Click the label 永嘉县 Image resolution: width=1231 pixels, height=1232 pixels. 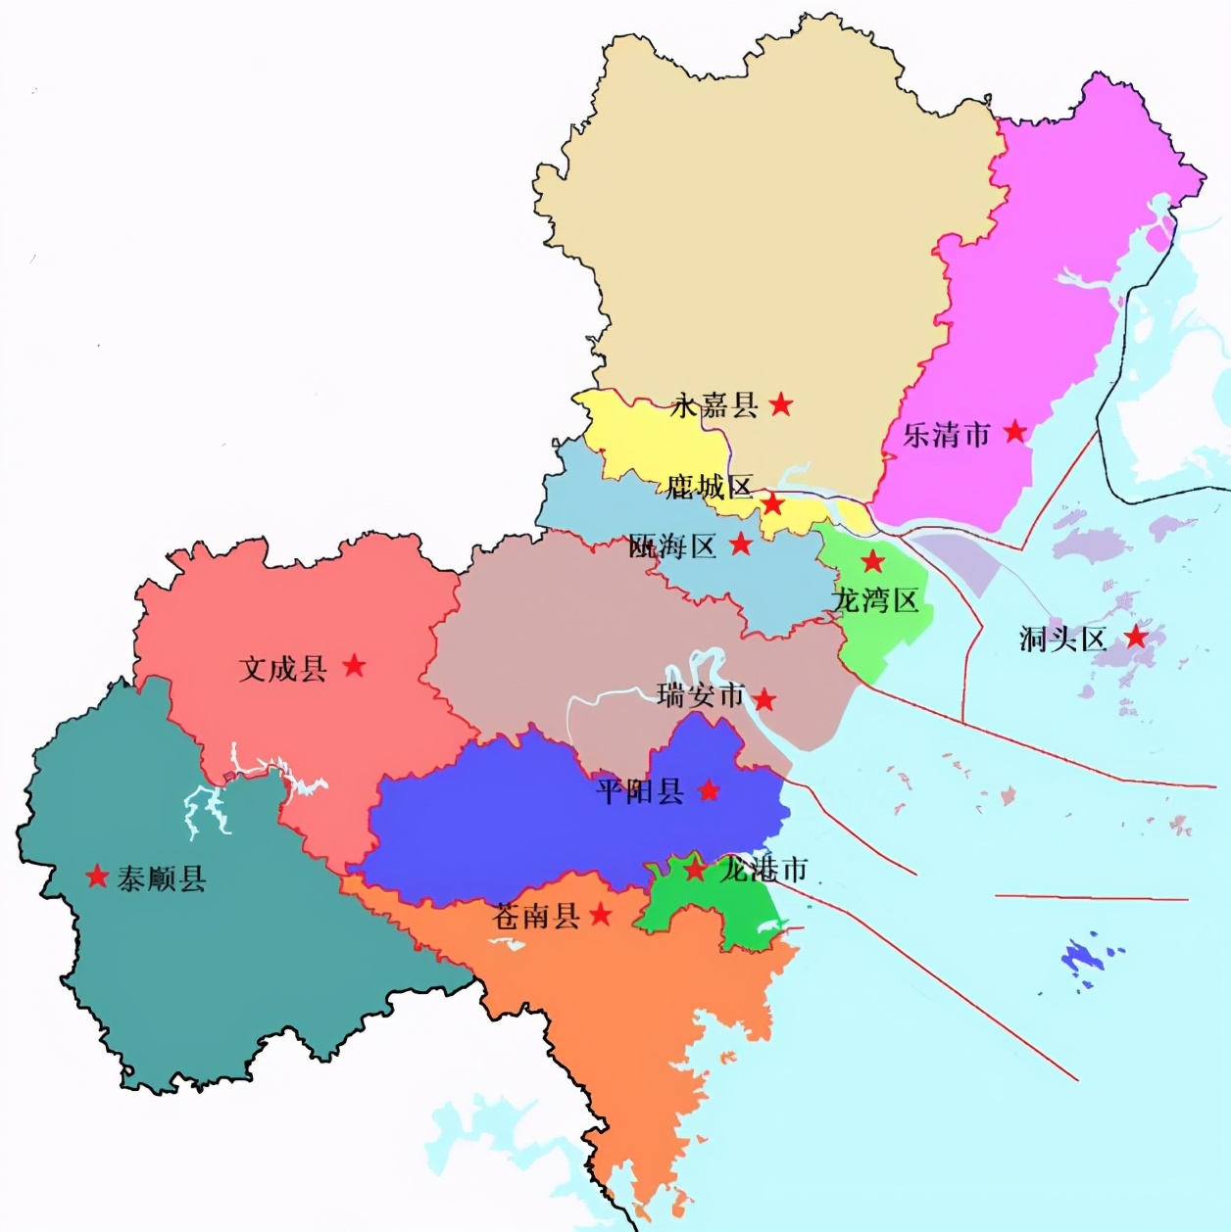[714, 404]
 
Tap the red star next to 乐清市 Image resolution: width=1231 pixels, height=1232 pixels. [1015, 431]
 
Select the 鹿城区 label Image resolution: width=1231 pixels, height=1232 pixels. [709, 487]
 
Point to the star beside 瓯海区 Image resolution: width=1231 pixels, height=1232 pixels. [741, 544]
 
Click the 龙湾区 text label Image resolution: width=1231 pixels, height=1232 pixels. [875, 599]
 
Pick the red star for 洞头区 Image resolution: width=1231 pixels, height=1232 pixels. [1136, 637]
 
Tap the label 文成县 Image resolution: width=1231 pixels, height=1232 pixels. [282, 669]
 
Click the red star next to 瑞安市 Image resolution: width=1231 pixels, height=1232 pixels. [764, 699]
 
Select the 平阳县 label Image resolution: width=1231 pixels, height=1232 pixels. [640, 790]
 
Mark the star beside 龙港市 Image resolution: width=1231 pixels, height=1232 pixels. [694, 869]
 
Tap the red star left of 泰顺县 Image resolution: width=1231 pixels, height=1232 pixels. [97, 876]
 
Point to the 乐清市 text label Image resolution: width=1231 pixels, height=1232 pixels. [946, 434]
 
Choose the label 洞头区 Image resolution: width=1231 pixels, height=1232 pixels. [1062, 640]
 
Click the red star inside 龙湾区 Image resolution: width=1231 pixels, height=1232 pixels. [872, 561]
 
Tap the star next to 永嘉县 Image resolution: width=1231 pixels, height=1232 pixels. [780, 403]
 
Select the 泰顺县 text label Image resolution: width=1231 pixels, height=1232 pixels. [162, 878]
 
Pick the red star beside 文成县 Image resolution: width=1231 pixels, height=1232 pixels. [354, 666]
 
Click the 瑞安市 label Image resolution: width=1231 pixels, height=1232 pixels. [701, 696]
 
